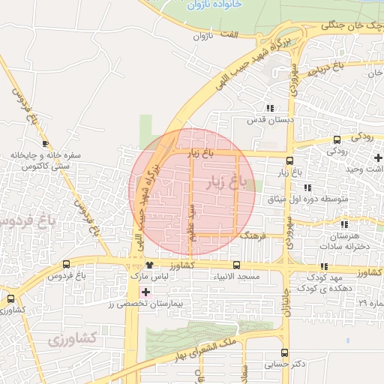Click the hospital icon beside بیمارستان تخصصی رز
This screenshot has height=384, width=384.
[x=146, y=291]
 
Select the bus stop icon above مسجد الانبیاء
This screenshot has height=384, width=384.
[x=237, y=265]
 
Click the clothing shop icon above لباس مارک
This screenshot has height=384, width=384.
[x=150, y=265]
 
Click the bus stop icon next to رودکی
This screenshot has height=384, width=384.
[x=336, y=139]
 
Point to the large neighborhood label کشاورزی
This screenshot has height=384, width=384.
[x=73, y=339]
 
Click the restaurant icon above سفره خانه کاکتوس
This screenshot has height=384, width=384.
[x=46, y=143]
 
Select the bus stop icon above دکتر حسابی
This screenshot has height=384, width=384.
[x=284, y=352]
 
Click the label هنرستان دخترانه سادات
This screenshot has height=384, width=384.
[x=346, y=240]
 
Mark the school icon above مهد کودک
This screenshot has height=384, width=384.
[x=324, y=265]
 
